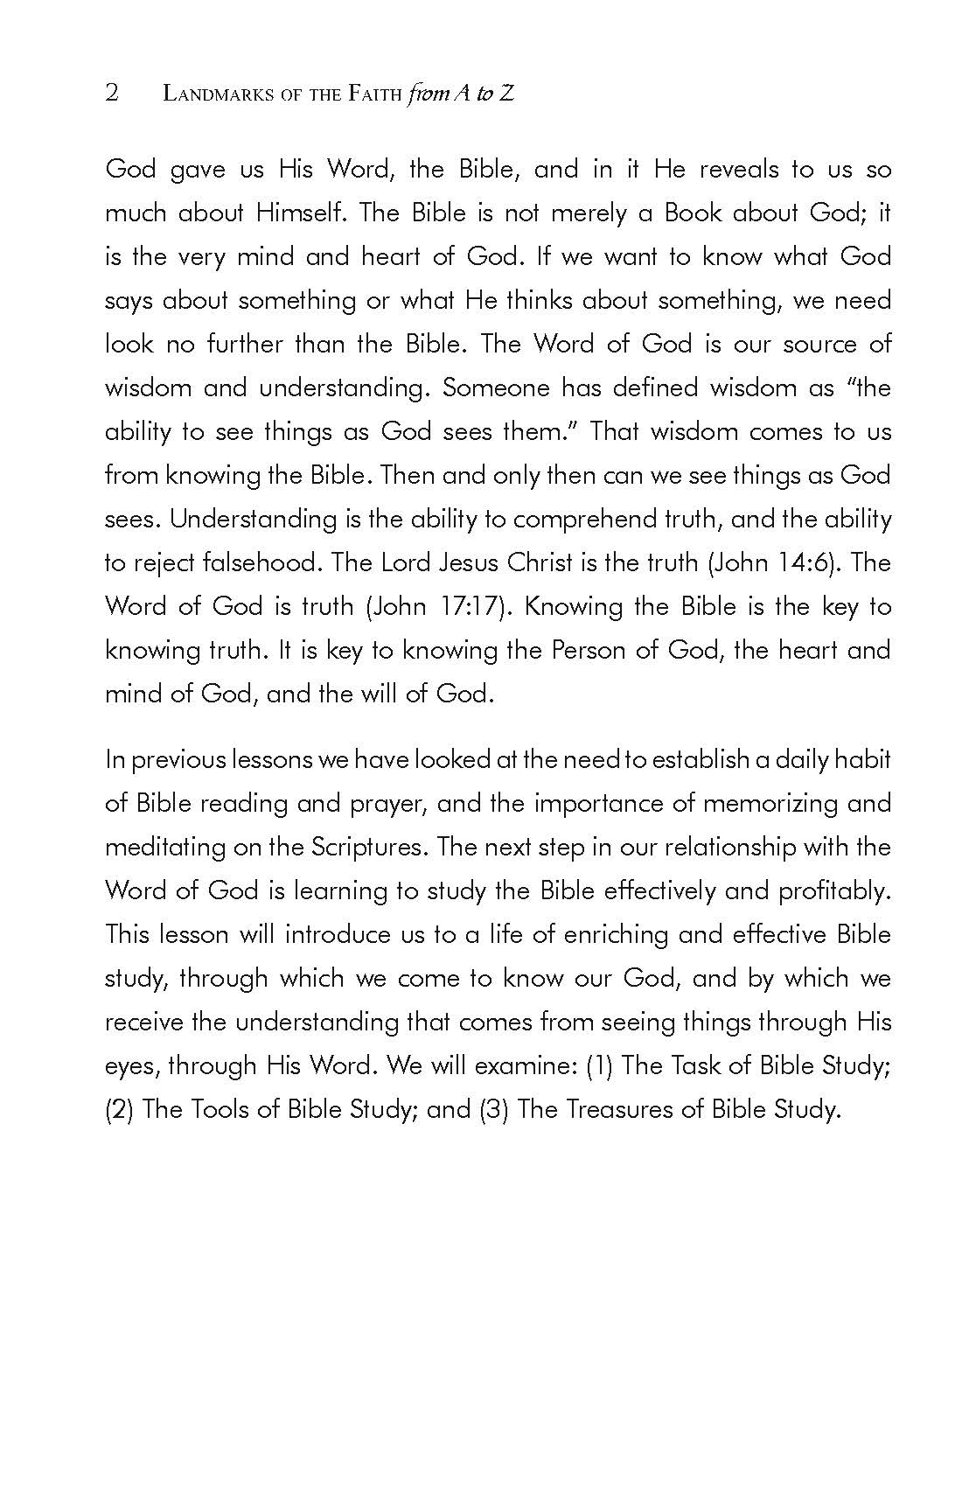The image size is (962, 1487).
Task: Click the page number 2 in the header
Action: (112, 93)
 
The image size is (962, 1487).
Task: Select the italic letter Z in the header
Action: (506, 94)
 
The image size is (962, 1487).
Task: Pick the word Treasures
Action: (628, 1109)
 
